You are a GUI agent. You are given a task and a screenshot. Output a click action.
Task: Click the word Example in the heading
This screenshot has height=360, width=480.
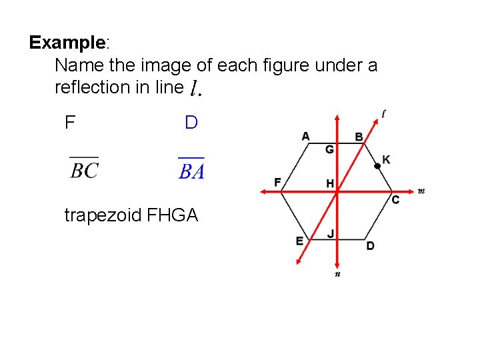pos(67,43)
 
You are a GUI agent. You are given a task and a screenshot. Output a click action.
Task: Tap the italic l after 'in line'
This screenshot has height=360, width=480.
pos(195,87)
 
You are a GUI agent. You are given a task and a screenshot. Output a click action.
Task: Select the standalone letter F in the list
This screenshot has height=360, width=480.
pos(69,123)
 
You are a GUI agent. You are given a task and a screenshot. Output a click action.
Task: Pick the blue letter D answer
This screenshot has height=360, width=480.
pos(191,123)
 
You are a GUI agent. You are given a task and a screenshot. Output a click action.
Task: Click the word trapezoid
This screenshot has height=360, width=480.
pos(102,215)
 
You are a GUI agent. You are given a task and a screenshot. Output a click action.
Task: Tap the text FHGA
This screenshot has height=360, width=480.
pos(172,215)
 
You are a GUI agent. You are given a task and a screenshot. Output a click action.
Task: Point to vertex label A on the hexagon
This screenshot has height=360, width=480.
pos(305,137)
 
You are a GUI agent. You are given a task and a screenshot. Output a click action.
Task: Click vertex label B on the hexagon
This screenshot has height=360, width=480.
pos(359,137)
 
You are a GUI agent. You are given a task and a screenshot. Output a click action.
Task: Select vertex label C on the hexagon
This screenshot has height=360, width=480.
pos(395,200)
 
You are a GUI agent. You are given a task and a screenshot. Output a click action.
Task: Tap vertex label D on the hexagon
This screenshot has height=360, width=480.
pos(370,246)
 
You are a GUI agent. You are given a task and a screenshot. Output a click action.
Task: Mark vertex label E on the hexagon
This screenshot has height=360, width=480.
pos(299,241)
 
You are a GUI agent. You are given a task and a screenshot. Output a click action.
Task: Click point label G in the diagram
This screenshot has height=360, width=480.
pos(329,149)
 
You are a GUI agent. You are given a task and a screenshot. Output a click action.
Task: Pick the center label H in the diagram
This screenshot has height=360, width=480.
pos(329,183)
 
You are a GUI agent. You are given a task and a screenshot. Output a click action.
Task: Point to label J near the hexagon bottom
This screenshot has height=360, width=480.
pos(330,233)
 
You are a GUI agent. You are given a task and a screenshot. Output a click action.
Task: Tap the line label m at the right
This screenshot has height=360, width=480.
pos(421,191)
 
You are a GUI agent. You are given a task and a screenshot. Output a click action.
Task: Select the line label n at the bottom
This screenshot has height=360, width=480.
pos(337,273)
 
